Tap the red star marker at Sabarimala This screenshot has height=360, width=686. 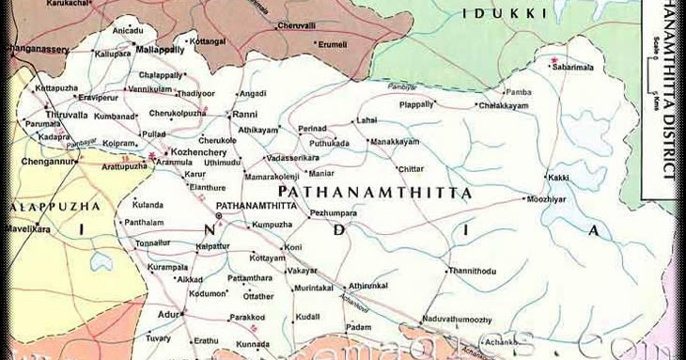pos(554,61)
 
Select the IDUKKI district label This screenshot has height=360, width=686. pos(491,13)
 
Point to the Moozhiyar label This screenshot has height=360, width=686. pos(546,200)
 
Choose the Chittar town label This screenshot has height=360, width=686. pos(411,168)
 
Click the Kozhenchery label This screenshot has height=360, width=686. pos(195,151)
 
